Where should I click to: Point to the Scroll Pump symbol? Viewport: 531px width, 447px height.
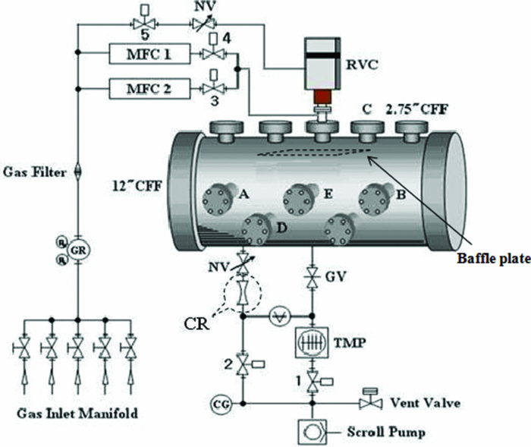[x=313, y=433]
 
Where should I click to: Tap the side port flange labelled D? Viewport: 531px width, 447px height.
[x=253, y=228]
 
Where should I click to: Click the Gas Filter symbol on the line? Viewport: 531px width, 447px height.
[x=77, y=173]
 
